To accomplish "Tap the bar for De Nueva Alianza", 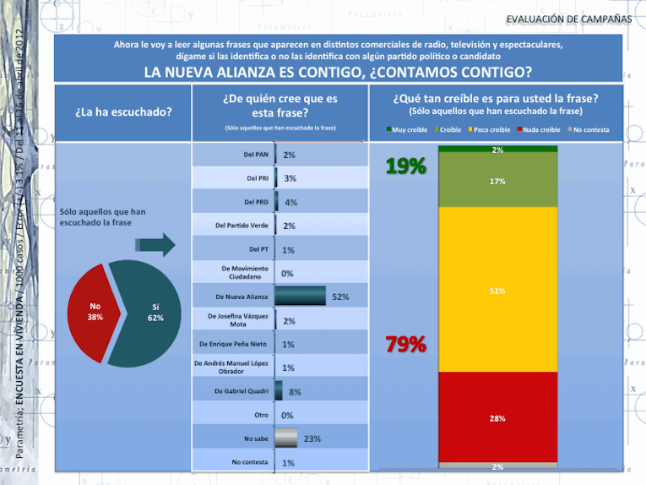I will (x=301, y=297).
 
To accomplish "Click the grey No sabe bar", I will (x=287, y=439).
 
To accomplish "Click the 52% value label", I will (x=340, y=297).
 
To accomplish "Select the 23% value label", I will (x=312, y=439).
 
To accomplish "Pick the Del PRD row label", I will (x=257, y=202).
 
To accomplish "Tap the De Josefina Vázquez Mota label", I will (x=240, y=320).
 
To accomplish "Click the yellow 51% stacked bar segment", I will (x=497, y=290).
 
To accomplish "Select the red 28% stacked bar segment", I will (x=497, y=417).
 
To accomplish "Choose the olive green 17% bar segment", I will (x=497, y=181).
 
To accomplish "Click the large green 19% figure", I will (x=405, y=167).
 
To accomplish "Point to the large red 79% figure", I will (x=405, y=345).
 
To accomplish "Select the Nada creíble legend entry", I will (x=541, y=129).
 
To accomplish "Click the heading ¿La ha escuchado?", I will (x=123, y=112).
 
